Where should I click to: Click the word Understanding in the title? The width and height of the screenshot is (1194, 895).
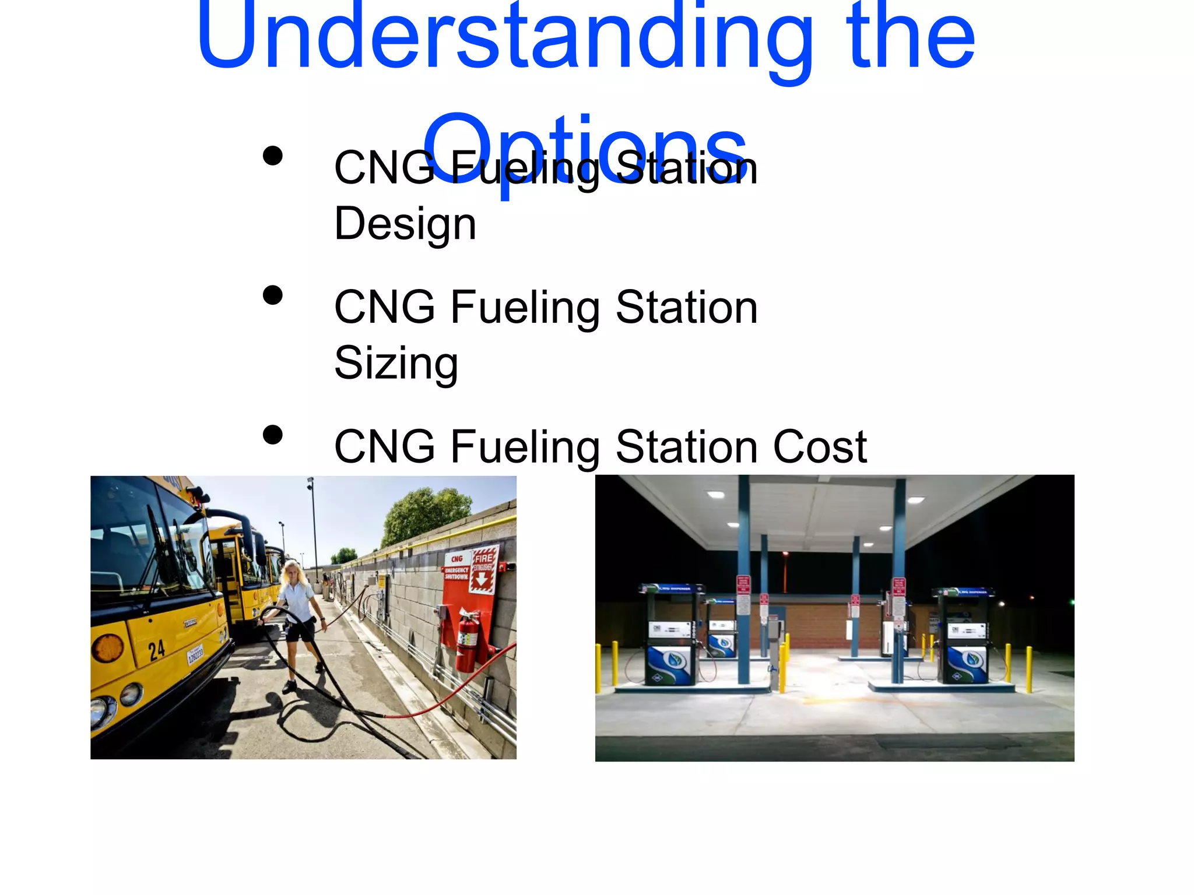click(504, 38)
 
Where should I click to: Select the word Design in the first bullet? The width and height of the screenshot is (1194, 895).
click(405, 224)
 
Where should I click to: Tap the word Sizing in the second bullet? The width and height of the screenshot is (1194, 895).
click(396, 363)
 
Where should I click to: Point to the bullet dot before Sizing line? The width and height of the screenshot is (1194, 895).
click(273, 295)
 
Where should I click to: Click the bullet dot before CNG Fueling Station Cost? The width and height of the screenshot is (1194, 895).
click(273, 435)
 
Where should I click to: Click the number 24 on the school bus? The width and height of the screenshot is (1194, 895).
click(156, 650)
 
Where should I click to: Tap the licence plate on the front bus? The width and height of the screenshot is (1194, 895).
click(195, 655)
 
